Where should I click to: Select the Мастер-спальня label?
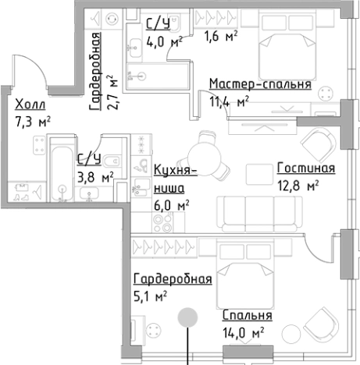pos(260,84)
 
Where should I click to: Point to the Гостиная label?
pos(305,168)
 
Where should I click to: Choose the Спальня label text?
pos(247,316)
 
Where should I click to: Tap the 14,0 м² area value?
pos(244,332)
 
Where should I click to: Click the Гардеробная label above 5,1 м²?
pos(172,279)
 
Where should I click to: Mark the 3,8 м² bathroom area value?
pos(96,175)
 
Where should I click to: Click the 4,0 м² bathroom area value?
pos(164,41)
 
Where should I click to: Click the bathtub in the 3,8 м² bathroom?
pos(60,168)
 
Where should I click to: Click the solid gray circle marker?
pos(187,317)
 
